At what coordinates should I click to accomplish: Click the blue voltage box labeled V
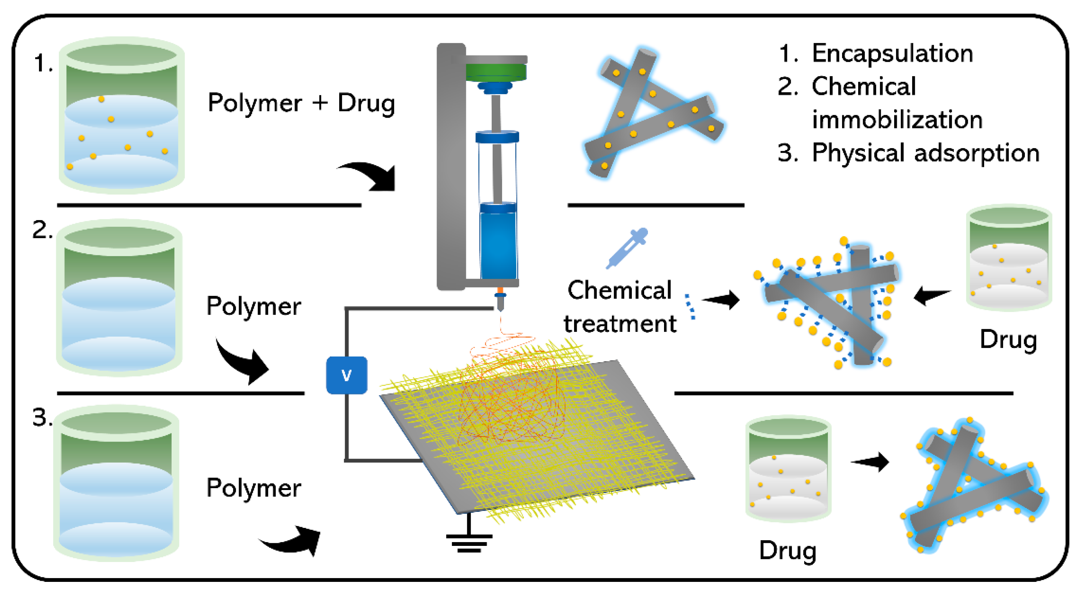tap(346, 375)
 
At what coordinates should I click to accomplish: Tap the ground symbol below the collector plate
tap(469, 541)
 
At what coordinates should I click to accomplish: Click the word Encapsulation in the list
tap(892, 54)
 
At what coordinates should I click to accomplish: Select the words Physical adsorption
tap(926, 153)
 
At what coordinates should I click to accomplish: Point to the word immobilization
tap(897, 120)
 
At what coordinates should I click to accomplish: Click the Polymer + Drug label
tap(301, 103)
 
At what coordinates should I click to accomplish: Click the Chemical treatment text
tap(620, 307)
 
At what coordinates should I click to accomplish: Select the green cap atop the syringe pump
tap(497, 72)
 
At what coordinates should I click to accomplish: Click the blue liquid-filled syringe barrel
tap(498, 246)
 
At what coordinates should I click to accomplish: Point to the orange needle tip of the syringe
tap(500, 290)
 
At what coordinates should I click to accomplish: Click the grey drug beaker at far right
tap(1008, 258)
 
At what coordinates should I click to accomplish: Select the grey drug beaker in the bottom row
tap(788, 469)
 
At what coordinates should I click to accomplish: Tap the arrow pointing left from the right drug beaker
tap(932, 295)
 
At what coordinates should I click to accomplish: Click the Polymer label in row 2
tap(254, 306)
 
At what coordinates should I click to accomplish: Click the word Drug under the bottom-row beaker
tap(787, 551)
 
